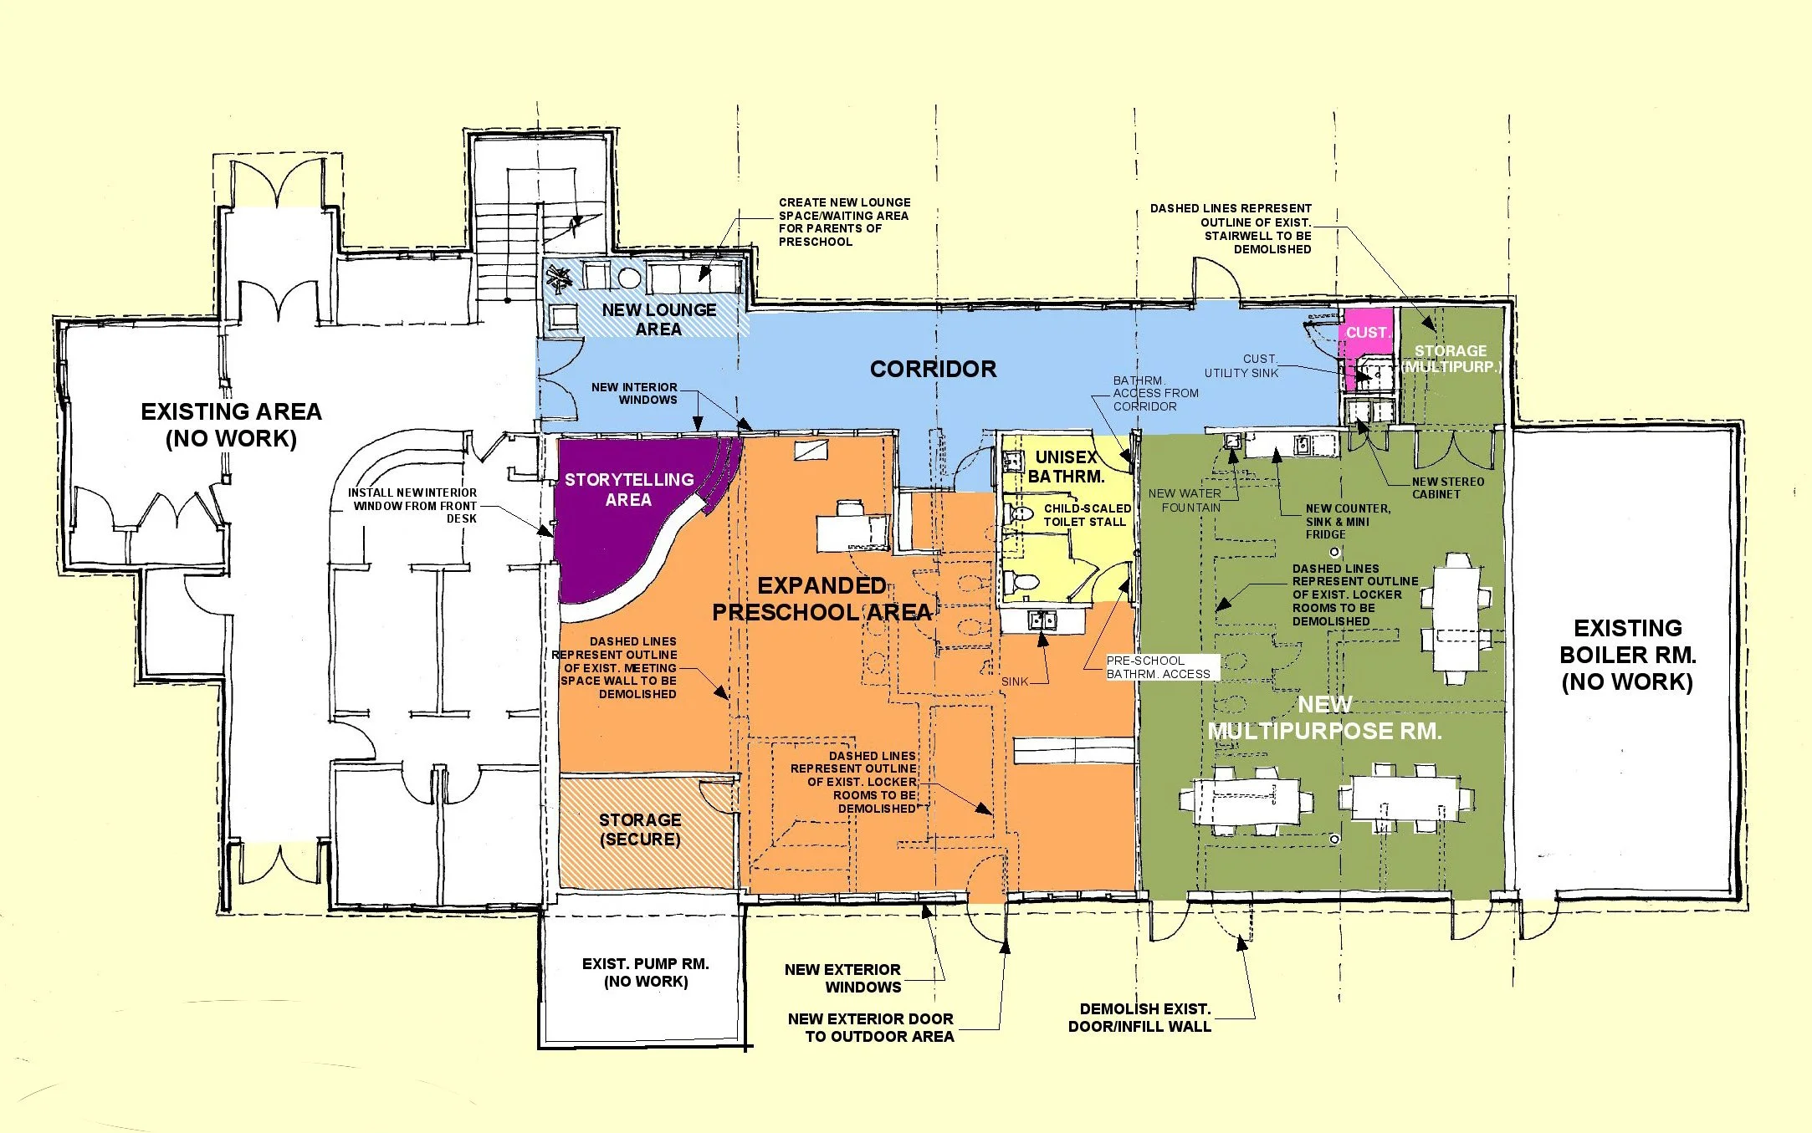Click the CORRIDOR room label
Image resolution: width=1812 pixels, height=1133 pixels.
click(x=933, y=370)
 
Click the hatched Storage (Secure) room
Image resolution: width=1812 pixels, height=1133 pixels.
click(x=646, y=831)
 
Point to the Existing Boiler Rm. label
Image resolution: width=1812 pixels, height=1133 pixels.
click(x=1627, y=655)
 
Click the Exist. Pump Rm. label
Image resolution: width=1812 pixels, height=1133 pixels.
click(x=646, y=972)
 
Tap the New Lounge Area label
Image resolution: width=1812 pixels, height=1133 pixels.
click(x=658, y=319)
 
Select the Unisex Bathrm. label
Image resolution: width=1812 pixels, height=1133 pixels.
click(x=1066, y=467)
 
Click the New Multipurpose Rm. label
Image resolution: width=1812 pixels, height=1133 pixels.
click(x=1324, y=718)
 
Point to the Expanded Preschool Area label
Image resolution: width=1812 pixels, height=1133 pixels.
click(x=822, y=599)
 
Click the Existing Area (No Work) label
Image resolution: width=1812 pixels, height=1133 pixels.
click(x=231, y=425)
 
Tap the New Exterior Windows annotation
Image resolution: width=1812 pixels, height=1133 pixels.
click(x=843, y=978)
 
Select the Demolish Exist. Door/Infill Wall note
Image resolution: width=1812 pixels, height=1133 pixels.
click(x=1139, y=1018)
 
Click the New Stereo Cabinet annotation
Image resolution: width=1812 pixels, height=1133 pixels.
click(x=1448, y=487)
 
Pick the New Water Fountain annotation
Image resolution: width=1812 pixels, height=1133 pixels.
click(x=1185, y=500)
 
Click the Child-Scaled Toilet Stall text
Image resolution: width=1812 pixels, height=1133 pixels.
click(x=1087, y=515)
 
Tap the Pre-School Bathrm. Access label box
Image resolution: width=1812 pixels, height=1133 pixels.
click(x=1159, y=667)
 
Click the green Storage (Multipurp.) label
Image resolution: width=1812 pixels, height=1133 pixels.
click(x=1451, y=359)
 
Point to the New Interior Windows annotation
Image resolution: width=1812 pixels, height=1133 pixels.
click(x=634, y=393)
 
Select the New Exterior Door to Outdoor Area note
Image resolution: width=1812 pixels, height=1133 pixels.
click(x=871, y=1028)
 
